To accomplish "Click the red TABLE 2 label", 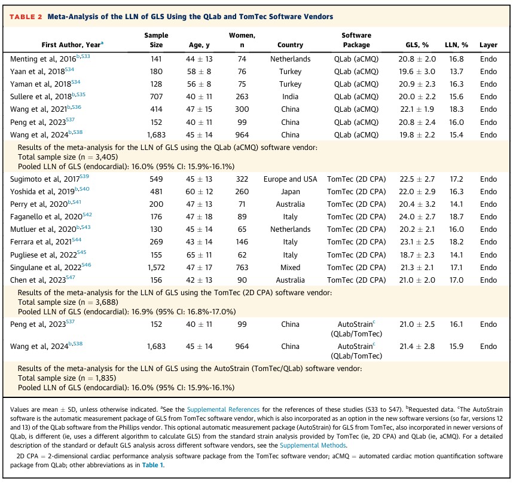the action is pyautogui.click(x=26, y=17).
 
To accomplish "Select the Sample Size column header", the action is pyautogui.click(x=156, y=40).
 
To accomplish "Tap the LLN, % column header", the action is pyautogui.click(x=456, y=45).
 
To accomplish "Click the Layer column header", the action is pyautogui.click(x=488, y=45).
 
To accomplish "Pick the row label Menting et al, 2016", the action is pyautogui.click(x=43, y=59).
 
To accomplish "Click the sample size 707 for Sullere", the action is pyautogui.click(x=156, y=97).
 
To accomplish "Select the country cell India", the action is pyautogui.click(x=290, y=97).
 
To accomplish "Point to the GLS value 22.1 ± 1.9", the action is pyautogui.click(x=417, y=109).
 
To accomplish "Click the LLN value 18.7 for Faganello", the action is pyautogui.click(x=456, y=217).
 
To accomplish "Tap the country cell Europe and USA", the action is pyautogui.click(x=290, y=179).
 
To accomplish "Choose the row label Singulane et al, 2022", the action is pyautogui.click(x=46, y=268).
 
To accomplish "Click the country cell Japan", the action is pyautogui.click(x=290, y=192).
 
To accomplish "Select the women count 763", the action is pyautogui.click(x=242, y=268).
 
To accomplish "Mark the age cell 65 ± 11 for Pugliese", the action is pyautogui.click(x=199, y=255).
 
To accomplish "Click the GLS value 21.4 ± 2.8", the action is pyautogui.click(x=417, y=347).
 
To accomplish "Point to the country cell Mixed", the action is pyautogui.click(x=290, y=268).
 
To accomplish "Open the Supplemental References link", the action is pyautogui.click(x=223, y=409).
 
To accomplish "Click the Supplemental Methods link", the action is pyautogui.click(x=313, y=445).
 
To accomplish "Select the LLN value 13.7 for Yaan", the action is pyautogui.click(x=456, y=72).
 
